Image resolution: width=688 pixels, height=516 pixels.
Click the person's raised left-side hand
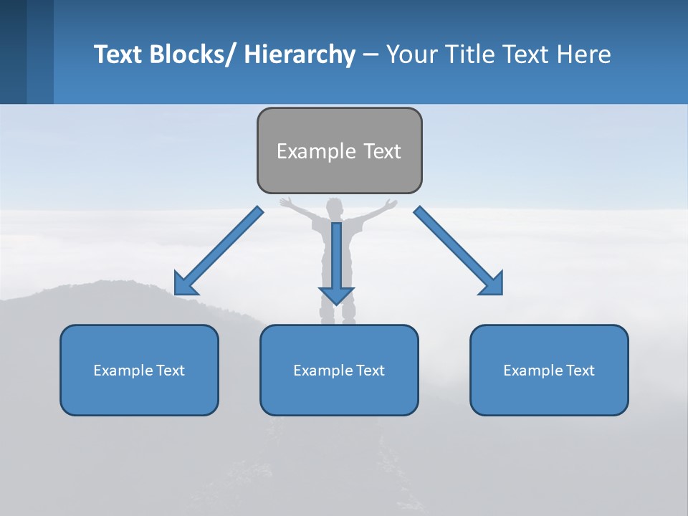pyautogui.click(x=285, y=201)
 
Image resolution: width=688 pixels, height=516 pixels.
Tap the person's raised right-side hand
pyautogui.click(x=391, y=204)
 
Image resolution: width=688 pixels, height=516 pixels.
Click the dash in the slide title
pyautogui.click(x=371, y=54)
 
